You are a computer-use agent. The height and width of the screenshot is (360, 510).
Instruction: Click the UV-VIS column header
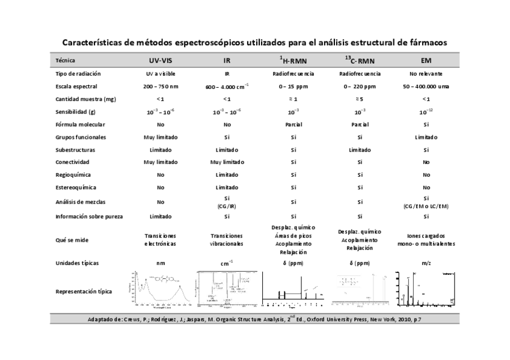[x=161, y=61]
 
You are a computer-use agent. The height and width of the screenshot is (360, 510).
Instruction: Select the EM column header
[x=426, y=61]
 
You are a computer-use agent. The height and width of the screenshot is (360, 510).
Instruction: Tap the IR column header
[x=227, y=61]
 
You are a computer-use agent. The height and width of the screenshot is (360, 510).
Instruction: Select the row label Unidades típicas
[x=77, y=263]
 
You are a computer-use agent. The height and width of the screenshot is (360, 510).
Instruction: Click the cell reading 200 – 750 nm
[x=161, y=87]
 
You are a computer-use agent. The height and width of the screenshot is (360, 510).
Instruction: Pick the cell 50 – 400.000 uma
[x=426, y=87]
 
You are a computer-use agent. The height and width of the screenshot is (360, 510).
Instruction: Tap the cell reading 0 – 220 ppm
[x=360, y=87]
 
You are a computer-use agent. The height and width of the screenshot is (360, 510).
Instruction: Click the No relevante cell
[x=426, y=73]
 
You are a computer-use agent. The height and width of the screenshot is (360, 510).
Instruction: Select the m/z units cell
[x=426, y=263]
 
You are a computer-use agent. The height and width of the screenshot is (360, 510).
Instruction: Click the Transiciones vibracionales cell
[x=227, y=240]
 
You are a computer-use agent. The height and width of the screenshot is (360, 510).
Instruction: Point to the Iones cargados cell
[x=426, y=240]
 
